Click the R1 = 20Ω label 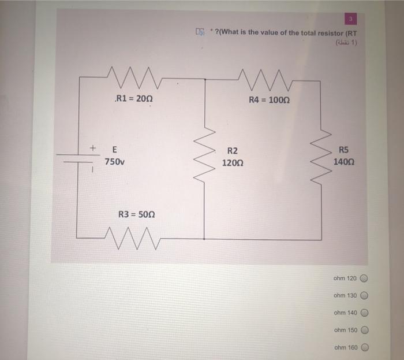[x=134, y=99]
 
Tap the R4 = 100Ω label [x=269, y=99]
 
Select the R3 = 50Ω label [x=136, y=214]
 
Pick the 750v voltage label [x=114, y=162]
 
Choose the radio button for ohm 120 [x=364, y=278]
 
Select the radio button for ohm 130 [x=364, y=295]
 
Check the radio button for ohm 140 [x=364, y=313]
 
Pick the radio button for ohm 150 [x=364, y=330]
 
